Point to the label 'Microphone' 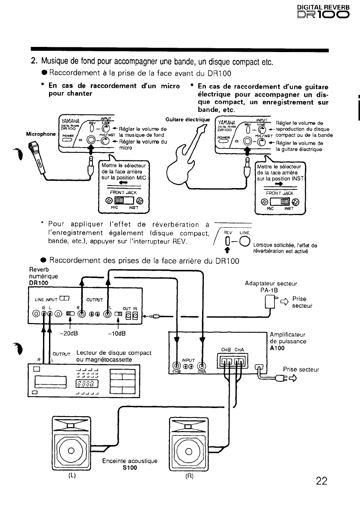pyautogui.click(x=41, y=134)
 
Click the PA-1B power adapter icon pyautogui.click(x=270, y=302)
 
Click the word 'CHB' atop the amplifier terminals pyautogui.click(x=226, y=349)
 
